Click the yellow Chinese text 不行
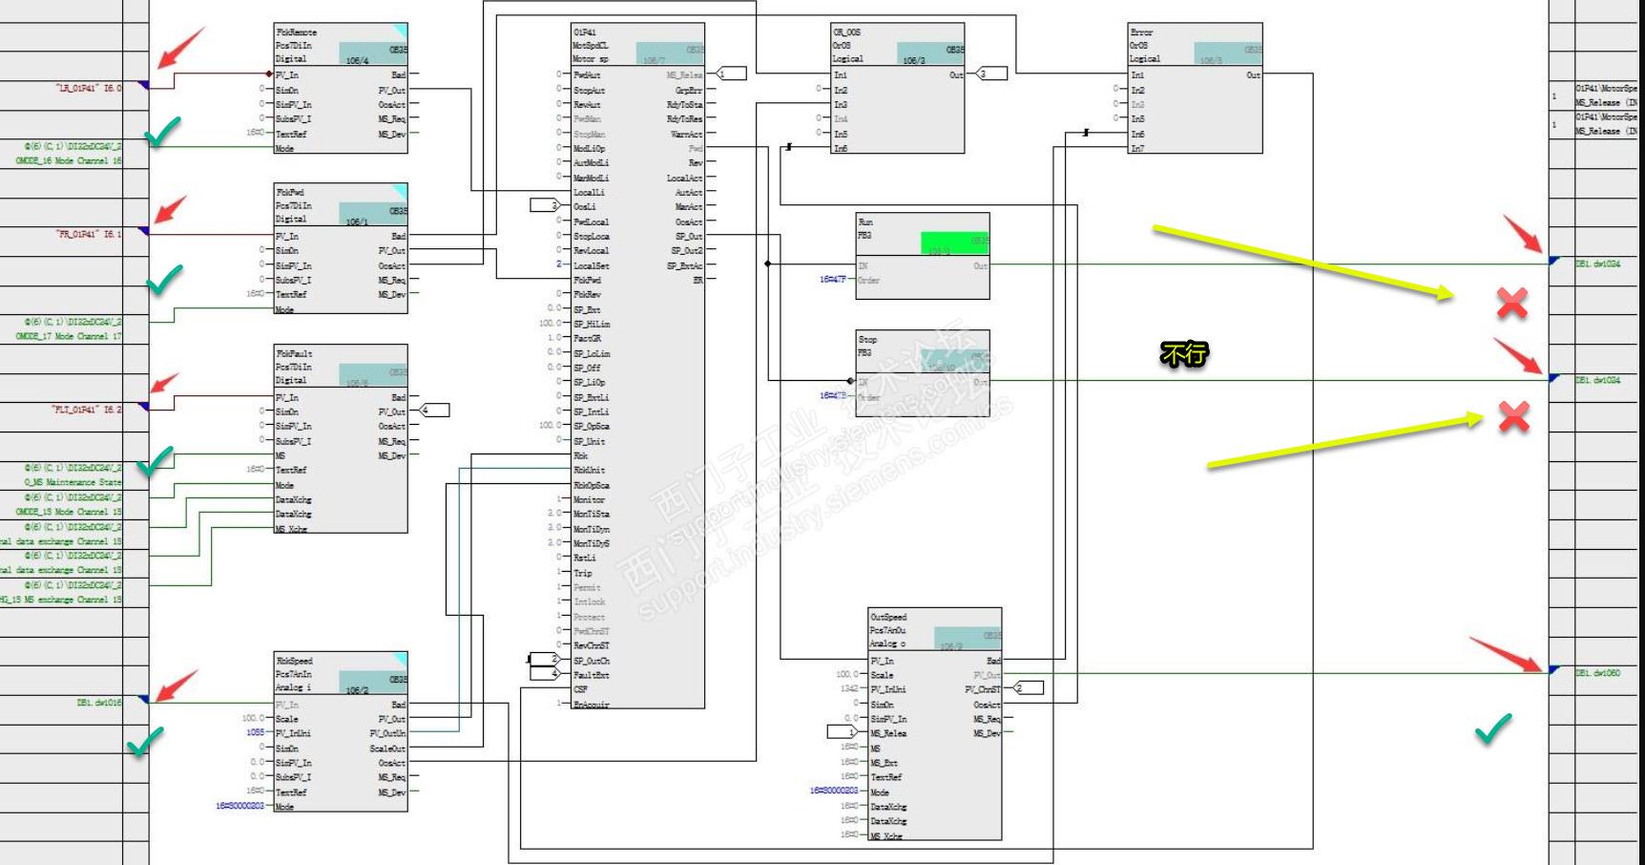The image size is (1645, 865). point(1184,354)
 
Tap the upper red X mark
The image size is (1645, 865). point(1511,303)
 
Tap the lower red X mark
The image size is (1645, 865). point(1514,416)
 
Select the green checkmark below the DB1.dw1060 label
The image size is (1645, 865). point(1493,728)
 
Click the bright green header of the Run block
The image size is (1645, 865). point(954,243)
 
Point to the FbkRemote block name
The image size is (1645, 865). point(297,32)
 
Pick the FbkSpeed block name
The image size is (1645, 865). point(294,661)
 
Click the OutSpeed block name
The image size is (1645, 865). point(888,618)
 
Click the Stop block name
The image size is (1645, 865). point(867,340)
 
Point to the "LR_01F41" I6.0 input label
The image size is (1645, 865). point(89,88)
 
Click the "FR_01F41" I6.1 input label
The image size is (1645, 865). point(89,234)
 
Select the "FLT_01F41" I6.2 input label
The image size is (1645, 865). point(87,410)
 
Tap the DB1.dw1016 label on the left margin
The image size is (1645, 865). point(99,703)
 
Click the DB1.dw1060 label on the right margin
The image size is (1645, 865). point(1597,673)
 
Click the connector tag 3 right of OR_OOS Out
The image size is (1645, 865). point(991,74)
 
